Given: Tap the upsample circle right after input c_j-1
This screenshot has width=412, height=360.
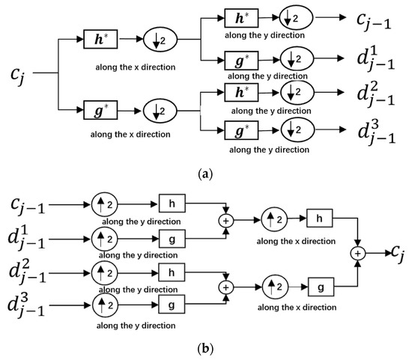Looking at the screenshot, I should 103,201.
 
